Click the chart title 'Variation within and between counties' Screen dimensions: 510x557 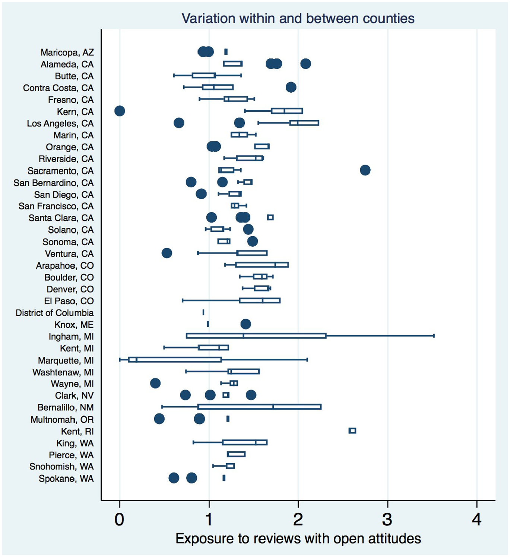[x=298, y=19]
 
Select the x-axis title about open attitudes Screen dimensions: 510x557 [x=298, y=538]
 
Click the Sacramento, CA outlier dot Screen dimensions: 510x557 [x=365, y=170]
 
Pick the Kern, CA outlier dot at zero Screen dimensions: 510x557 [x=120, y=111]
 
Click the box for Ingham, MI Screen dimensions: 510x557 [x=256, y=336]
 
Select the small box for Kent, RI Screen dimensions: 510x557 [x=352, y=430]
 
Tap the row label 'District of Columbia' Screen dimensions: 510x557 [x=54, y=313]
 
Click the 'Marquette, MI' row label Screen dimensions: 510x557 [x=66, y=361]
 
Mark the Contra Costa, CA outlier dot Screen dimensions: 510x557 [x=291, y=87]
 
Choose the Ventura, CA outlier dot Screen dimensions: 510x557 [x=167, y=253]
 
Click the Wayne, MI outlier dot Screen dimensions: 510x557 [x=155, y=383]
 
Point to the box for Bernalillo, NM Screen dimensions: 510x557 [x=260, y=407]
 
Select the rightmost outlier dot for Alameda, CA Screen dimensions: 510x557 [x=305, y=64]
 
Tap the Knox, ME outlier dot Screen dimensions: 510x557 [x=246, y=324]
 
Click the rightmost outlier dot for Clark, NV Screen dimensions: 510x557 [x=251, y=395]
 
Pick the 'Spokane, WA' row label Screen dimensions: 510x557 [x=66, y=479]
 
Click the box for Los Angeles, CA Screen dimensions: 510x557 [x=304, y=123]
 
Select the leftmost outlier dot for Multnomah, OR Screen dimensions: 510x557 [x=159, y=419]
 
